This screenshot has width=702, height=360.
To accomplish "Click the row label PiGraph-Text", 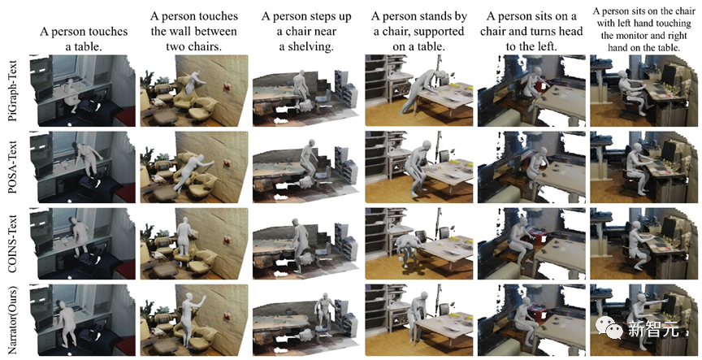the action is tap(12, 90).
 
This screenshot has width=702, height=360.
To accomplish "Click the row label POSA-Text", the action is tap(12, 167).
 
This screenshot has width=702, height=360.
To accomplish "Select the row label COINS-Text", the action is tap(12, 242).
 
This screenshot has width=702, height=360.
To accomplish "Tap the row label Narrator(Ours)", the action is tap(12, 319).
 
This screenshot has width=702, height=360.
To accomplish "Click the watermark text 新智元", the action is tap(652, 329).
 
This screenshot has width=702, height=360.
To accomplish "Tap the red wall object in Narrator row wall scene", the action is tap(227, 316).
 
